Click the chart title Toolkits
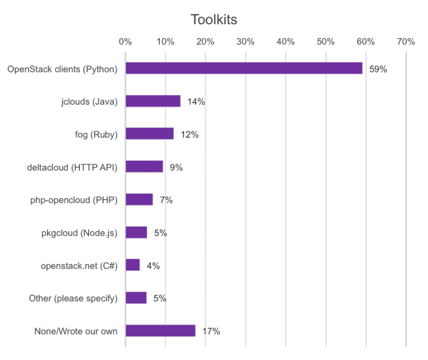pyautogui.click(x=214, y=20)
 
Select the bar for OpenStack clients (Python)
pyautogui.click(x=244, y=68)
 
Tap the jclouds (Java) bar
pyautogui.click(x=153, y=101)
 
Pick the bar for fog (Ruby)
pyautogui.click(x=150, y=134)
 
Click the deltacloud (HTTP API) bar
pyautogui.click(x=144, y=167)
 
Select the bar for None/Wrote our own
pyautogui.click(x=160, y=331)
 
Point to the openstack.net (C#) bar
pyautogui.click(x=133, y=265)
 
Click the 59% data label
pyautogui.click(x=378, y=69)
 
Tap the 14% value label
pyautogui.click(x=196, y=101)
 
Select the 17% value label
pyautogui.click(x=210, y=331)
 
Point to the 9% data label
pyautogui.click(x=176, y=167)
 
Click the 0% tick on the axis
pyautogui.click(x=125, y=42)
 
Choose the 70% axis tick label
pyautogui.click(x=406, y=42)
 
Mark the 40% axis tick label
pyautogui.click(x=286, y=42)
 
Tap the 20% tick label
pyautogui.click(x=205, y=42)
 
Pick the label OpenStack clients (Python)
pyautogui.click(x=62, y=69)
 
